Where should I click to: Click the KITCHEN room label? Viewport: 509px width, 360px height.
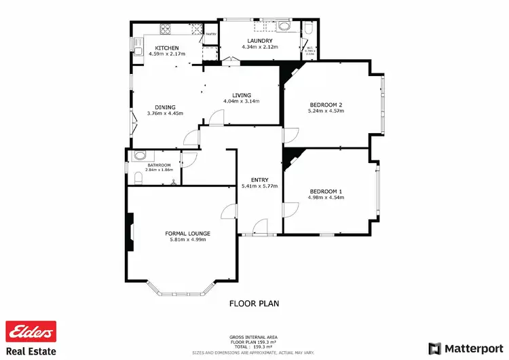(166, 48)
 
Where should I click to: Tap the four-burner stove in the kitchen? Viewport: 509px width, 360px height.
(166, 29)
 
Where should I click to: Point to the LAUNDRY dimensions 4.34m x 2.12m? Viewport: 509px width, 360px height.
(260, 48)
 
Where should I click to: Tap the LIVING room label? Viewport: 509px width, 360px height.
(242, 95)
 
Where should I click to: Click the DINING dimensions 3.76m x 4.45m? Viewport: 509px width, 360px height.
(165, 113)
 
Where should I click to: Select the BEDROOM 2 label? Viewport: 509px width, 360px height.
(327, 105)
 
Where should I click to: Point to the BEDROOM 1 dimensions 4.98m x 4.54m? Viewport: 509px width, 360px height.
(327, 198)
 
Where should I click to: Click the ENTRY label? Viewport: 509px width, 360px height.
(260, 180)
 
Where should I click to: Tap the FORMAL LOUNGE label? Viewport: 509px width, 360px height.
(187, 234)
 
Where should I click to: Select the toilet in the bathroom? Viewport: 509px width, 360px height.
(140, 156)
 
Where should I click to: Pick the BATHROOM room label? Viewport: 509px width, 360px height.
(159, 164)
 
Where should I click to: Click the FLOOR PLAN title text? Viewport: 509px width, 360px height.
(254, 304)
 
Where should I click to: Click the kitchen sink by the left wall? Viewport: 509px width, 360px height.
(136, 50)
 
